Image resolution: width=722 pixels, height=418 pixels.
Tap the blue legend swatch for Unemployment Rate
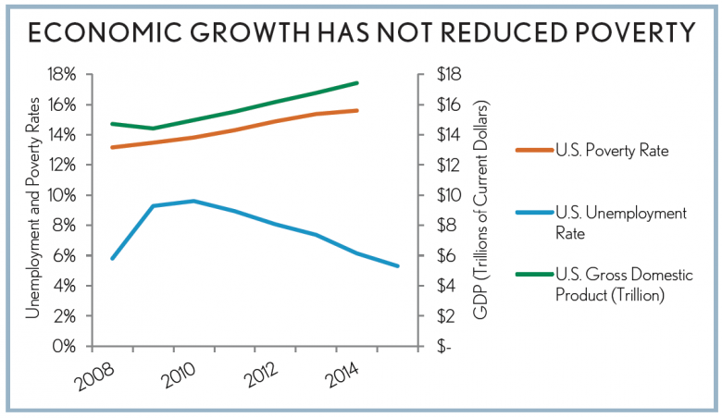click(x=530, y=214)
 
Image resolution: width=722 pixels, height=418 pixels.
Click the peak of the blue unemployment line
click(x=193, y=201)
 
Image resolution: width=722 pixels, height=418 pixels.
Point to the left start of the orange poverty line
click(x=112, y=147)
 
